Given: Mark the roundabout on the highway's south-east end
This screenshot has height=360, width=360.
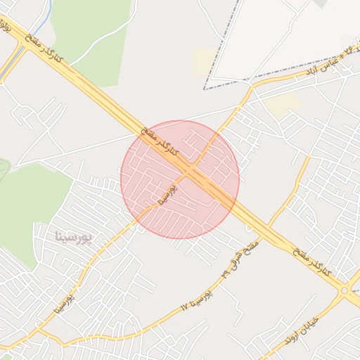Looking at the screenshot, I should click(x=345, y=290).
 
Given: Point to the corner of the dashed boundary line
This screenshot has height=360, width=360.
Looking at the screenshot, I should click(x=205, y=89).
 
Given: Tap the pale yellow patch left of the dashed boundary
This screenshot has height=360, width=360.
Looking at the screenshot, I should click(x=202, y=61).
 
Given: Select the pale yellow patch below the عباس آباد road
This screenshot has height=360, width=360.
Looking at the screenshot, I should click(x=282, y=106).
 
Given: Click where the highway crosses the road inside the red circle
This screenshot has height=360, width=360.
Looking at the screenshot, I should click(x=191, y=171).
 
